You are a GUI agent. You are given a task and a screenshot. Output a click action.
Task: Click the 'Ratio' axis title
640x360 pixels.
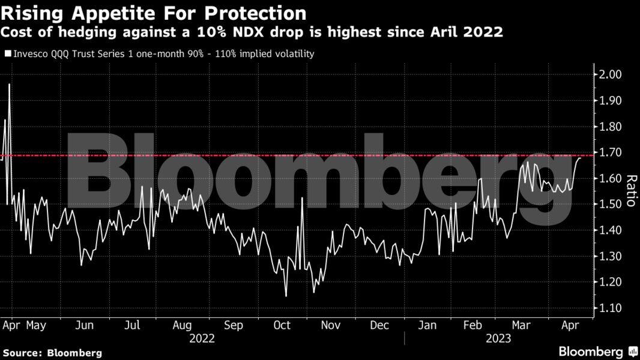tap(631, 191)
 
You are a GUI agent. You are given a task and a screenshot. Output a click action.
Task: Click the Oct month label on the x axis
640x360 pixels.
tap(282, 325)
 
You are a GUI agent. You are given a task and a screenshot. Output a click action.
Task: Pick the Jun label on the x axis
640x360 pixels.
tap(85, 325)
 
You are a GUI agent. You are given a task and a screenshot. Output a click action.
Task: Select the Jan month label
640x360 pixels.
tap(427, 325)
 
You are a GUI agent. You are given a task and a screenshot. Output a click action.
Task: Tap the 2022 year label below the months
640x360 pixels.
tap(202, 339)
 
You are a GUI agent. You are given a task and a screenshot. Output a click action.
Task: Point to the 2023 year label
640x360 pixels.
tap(498, 339)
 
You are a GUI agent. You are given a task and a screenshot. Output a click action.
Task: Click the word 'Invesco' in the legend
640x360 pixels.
tap(29, 54)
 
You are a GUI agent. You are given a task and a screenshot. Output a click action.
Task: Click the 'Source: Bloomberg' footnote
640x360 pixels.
tap(52, 353)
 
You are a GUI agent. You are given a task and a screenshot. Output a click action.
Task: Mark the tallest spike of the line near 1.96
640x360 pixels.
tap(9, 85)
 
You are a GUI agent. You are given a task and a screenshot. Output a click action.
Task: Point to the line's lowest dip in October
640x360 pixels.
tap(286, 296)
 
